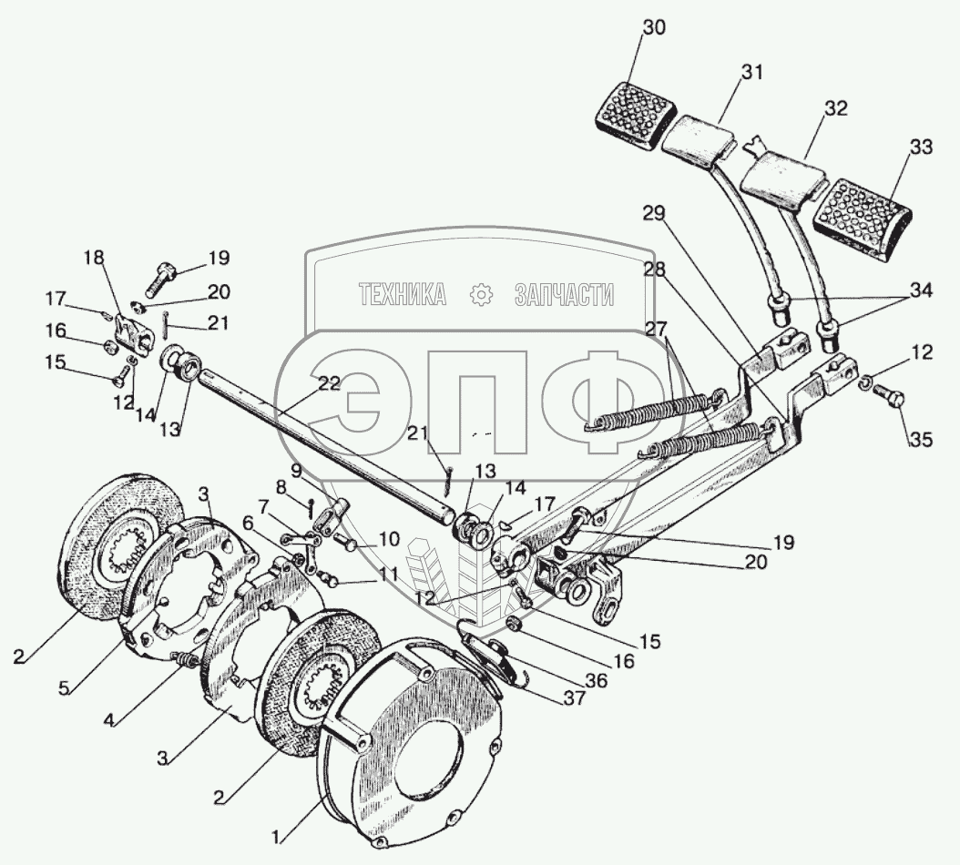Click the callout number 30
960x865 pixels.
tap(655, 27)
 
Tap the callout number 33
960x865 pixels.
tap(921, 148)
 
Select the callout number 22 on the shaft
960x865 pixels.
tap(329, 384)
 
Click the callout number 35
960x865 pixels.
tap(921, 439)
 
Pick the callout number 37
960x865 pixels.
tap(575, 697)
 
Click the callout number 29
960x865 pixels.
tap(654, 214)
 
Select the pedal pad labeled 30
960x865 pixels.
tap(636, 115)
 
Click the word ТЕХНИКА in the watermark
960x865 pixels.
tap(402, 294)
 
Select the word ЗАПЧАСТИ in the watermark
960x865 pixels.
tap(564, 294)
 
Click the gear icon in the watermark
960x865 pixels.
tap(481, 295)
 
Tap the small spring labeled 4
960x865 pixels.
tap(184, 660)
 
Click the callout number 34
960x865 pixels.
tap(920, 290)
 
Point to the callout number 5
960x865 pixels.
tap(65, 688)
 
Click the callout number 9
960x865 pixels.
tap(296, 472)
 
